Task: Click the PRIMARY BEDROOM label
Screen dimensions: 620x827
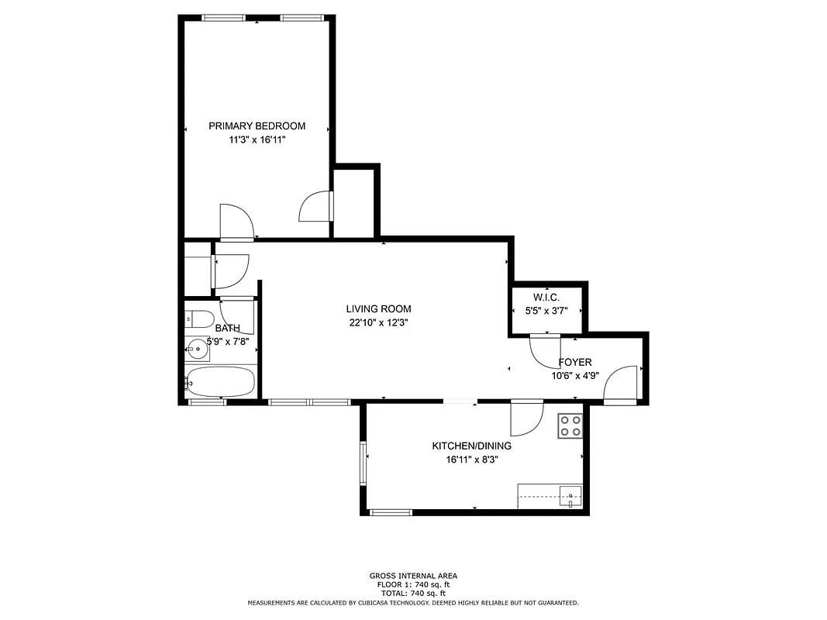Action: pos(257,126)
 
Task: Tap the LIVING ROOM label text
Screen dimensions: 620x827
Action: pos(378,309)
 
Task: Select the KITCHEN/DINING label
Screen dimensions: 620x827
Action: pos(471,446)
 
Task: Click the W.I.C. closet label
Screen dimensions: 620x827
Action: pos(546,298)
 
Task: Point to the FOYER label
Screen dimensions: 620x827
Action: pos(575,362)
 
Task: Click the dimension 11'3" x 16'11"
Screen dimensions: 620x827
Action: pos(257,140)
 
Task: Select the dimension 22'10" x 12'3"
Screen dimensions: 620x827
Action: pos(378,323)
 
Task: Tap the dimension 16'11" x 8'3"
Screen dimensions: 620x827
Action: pos(471,460)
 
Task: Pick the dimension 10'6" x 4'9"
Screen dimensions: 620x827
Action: pos(575,376)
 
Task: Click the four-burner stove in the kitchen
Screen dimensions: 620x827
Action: pos(570,426)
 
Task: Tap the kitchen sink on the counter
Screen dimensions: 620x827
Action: pos(570,494)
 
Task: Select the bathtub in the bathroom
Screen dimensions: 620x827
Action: pos(221,382)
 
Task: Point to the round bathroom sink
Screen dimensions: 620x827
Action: pos(198,350)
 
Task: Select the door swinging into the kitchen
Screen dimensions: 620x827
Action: pos(527,418)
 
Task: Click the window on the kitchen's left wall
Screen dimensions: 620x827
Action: pos(363,463)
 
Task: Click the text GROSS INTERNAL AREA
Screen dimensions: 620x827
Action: pos(412,576)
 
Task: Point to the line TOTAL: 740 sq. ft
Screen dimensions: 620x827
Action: pos(412,593)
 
